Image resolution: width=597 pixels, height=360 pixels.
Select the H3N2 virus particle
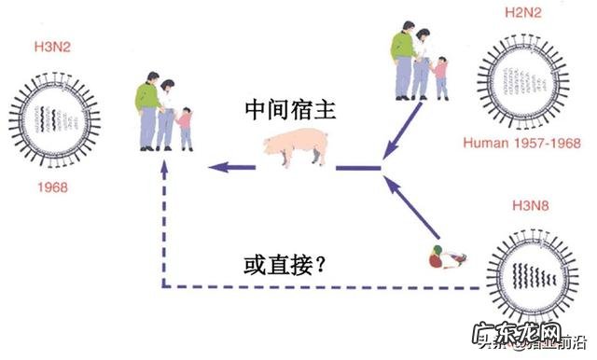53,117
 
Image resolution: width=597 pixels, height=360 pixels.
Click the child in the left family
185,127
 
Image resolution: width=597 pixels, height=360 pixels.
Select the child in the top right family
439,76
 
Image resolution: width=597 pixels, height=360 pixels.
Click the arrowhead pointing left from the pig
216,168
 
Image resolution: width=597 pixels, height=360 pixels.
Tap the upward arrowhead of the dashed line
164,169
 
